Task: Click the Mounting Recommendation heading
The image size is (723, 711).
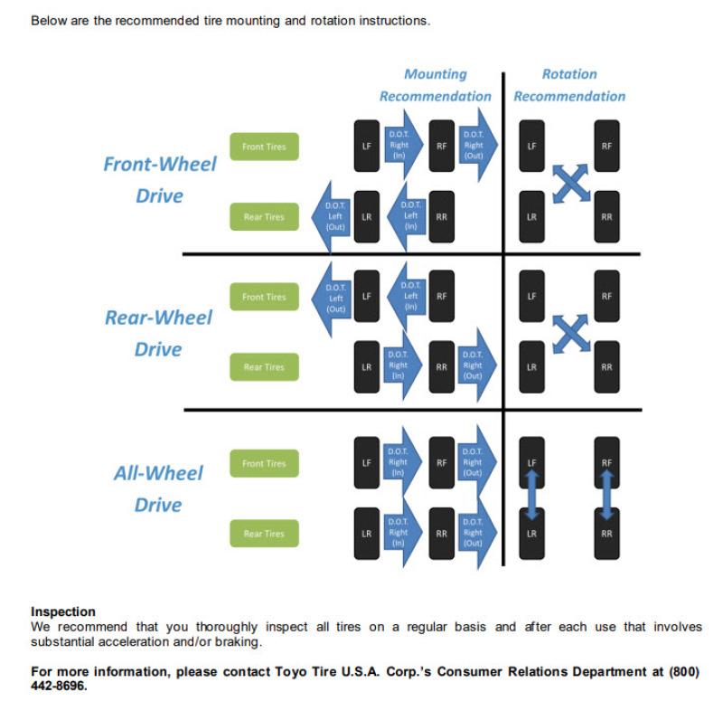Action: (x=435, y=85)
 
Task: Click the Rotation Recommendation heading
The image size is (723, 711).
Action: (x=569, y=85)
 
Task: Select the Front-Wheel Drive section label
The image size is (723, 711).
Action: (x=160, y=180)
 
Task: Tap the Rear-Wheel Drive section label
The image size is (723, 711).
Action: (x=158, y=333)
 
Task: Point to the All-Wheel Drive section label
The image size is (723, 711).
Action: (x=158, y=488)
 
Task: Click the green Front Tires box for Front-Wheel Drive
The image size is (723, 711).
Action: (x=263, y=147)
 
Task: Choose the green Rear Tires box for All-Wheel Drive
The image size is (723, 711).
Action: (x=263, y=534)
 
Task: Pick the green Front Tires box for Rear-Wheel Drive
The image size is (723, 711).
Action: (x=263, y=297)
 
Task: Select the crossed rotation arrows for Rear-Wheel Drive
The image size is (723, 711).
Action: (x=569, y=333)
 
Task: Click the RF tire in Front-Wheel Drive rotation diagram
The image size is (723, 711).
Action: (x=606, y=146)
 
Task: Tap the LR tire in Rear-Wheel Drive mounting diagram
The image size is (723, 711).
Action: (x=366, y=367)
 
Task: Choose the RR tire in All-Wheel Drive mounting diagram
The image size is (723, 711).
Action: (x=441, y=534)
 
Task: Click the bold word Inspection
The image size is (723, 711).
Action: (x=63, y=612)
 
